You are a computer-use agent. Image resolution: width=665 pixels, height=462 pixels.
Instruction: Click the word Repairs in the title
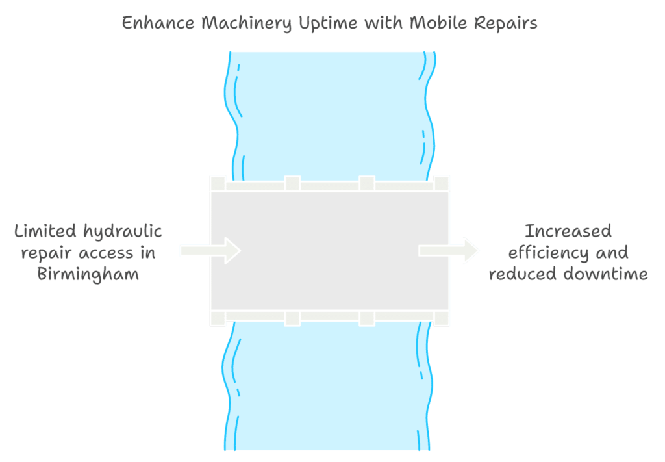(x=505, y=24)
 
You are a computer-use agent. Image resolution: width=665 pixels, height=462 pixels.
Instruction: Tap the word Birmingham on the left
(x=88, y=274)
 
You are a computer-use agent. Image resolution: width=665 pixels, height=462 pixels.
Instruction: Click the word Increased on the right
(x=568, y=231)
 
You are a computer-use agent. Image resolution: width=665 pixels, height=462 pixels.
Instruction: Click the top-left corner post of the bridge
(x=218, y=183)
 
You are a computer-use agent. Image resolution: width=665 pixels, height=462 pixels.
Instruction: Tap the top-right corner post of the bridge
(x=442, y=183)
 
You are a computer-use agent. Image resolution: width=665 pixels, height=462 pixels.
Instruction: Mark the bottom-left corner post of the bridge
(x=218, y=318)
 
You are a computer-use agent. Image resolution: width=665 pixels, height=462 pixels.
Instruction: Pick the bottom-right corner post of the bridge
(x=442, y=318)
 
